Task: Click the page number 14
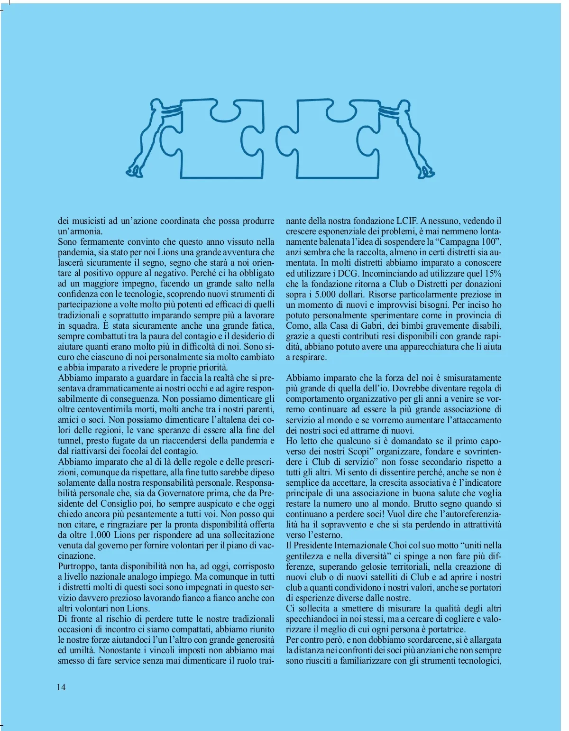click(61, 687)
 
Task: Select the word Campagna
click(454, 241)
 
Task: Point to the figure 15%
click(493, 273)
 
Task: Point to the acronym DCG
click(348, 273)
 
